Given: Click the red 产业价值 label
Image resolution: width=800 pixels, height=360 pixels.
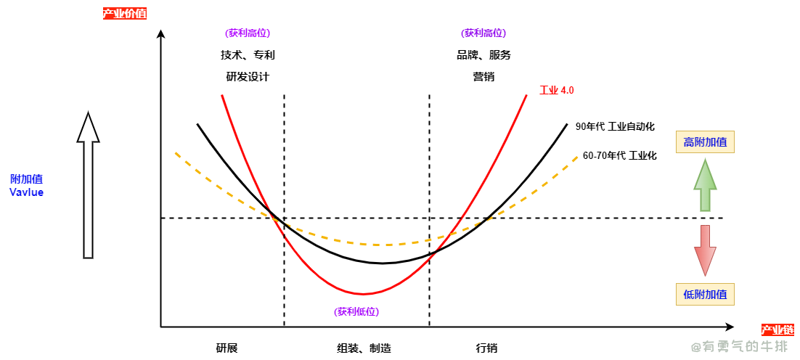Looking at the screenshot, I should (x=125, y=13).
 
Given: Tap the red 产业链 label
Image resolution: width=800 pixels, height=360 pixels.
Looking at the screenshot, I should (x=777, y=330).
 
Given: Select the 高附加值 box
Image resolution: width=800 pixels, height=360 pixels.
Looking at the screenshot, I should (x=705, y=142).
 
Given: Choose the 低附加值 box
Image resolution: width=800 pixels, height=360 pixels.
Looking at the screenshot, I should (x=705, y=294).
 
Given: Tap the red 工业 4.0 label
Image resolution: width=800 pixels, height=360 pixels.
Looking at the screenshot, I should (x=557, y=91).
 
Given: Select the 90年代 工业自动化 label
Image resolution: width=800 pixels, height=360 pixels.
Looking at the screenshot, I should (x=614, y=126).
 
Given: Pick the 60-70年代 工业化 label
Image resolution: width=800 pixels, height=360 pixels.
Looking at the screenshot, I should (x=619, y=155).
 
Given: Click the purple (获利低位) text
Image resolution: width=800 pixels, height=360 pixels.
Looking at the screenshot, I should (x=356, y=311).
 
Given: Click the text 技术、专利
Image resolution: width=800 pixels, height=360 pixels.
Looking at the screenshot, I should (x=248, y=55).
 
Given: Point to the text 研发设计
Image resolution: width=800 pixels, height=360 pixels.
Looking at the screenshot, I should (x=248, y=76).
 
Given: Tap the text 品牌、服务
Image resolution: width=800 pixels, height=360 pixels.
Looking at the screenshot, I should (x=483, y=55).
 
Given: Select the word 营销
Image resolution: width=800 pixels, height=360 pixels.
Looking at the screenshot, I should (x=483, y=76).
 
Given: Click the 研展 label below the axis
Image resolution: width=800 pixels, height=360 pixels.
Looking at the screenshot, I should (x=226, y=348).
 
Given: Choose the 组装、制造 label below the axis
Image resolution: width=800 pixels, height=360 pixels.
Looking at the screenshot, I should (x=364, y=348).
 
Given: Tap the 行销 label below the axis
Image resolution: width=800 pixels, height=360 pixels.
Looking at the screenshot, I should (x=486, y=348).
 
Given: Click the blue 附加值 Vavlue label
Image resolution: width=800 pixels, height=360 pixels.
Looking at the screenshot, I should (x=27, y=185).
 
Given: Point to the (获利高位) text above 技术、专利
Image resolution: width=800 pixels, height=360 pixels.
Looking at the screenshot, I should (x=248, y=33).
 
